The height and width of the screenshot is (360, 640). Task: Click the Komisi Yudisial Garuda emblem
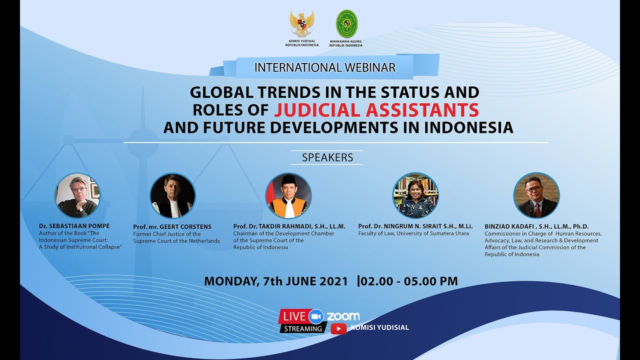click(x=302, y=23)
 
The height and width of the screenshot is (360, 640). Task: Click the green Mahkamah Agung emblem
click(x=346, y=23)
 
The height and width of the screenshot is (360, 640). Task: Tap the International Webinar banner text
click(x=325, y=67)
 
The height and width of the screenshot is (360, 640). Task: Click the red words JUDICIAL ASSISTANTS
click(x=376, y=109)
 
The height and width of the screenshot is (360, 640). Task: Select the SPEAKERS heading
click(x=327, y=157)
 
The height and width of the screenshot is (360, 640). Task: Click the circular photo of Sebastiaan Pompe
click(x=77, y=195)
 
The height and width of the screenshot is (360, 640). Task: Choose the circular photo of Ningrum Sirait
click(x=415, y=195)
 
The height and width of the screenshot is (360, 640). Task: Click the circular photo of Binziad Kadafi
click(x=536, y=195)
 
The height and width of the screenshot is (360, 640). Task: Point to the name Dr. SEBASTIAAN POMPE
click(x=74, y=226)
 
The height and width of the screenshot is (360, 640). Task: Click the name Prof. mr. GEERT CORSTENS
click(x=172, y=226)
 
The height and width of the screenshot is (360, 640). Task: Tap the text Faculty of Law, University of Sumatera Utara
click(x=413, y=233)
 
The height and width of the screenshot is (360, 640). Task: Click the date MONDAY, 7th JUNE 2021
click(x=275, y=281)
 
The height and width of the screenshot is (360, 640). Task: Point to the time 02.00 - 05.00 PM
click(x=409, y=281)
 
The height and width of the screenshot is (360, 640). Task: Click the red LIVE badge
click(x=294, y=316)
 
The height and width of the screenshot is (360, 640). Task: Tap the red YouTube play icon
click(x=338, y=328)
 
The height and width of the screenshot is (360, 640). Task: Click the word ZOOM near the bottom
click(x=343, y=316)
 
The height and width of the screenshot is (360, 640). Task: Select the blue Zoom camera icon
click(x=316, y=316)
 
